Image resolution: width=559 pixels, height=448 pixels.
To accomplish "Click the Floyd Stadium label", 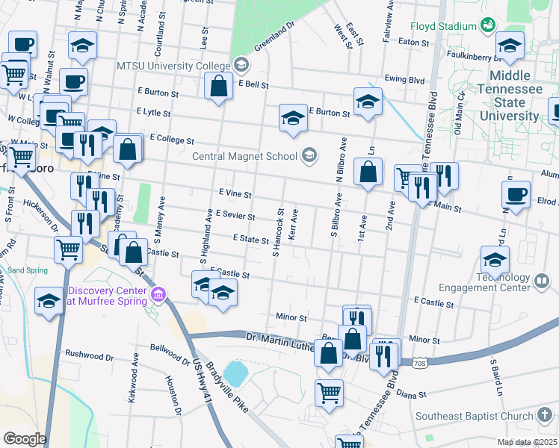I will coord(444,25).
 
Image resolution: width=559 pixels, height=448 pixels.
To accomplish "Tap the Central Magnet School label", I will coord(244,156).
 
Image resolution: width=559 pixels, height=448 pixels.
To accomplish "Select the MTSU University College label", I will coord(173,65).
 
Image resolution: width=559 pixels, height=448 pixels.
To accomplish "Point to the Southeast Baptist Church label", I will coord(473,416).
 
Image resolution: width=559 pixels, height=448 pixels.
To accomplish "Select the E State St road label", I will coord(250,239).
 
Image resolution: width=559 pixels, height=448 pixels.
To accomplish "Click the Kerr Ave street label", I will coord(294,223).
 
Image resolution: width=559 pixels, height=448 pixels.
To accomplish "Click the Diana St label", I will coord(412,393).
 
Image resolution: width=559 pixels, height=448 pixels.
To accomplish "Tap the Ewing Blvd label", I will coord(405,80).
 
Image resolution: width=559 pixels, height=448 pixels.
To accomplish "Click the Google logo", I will coord(25,439).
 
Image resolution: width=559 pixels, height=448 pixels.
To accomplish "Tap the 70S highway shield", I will coord(419,362).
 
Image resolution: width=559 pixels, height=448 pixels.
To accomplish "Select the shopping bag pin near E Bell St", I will coord(217,86).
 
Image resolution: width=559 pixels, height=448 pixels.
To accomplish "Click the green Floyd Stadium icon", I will coord(489,25).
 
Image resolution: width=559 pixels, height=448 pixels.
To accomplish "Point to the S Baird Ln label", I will coord(493,377).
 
